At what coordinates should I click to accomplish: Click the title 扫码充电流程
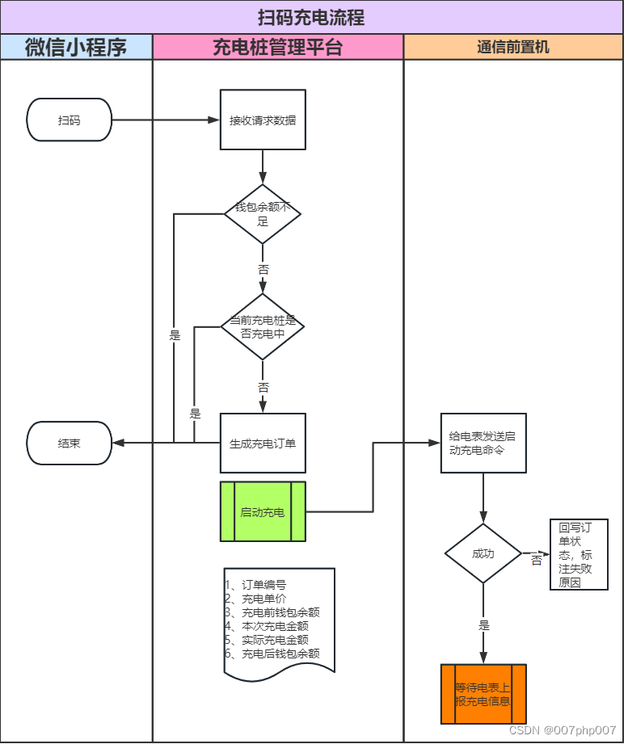pyautogui.click(x=311, y=16)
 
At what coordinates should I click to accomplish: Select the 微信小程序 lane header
pyautogui.click(x=76, y=47)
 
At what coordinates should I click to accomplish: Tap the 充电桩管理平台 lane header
pyautogui.click(x=277, y=47)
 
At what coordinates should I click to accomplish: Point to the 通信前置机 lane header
pyautogui.click(x=512, y=47)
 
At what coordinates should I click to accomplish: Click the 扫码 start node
pyautogui.click(x=70, y=120)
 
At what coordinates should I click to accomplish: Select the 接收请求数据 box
pyautogui.click(x=263, y=120)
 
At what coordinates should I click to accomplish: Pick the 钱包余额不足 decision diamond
pyautogui.click(x=263, y=214)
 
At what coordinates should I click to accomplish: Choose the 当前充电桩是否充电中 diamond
pyautogui.click(x=263, y=326)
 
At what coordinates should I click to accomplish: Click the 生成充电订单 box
pyautogui.click(x=263, y=443)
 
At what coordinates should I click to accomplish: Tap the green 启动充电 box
pyautogui.click(x=263, y=511)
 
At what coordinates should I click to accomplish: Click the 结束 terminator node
pyautogui.click(x=70, y=443)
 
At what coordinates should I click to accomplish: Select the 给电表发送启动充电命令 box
pyautogui.click(x=483, y=443)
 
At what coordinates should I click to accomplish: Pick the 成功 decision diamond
pyautogui.click(x=483, y=553)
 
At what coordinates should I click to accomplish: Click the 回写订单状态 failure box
pyautogui.click(x=578, y=554)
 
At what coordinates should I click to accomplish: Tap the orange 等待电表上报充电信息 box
pyautogui.click(x=483, y=693)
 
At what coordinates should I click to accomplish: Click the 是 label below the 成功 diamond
pyautogui.click(x=484, y=625)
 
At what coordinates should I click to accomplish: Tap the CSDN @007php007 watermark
pyautogui.click(x=563, y=729)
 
